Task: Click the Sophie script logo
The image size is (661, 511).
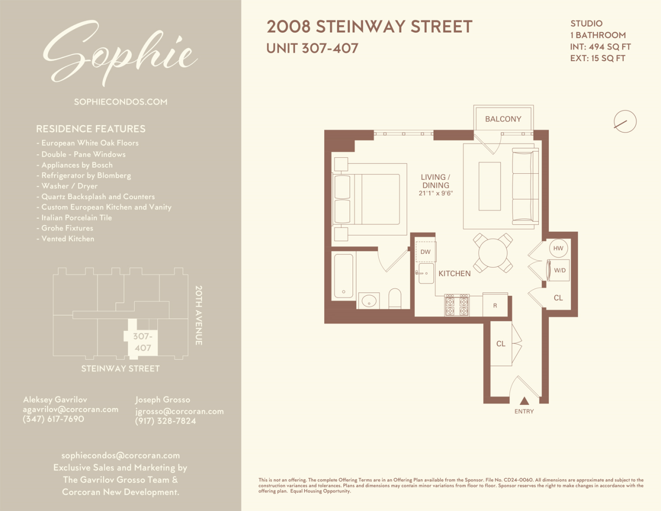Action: pyautogui.click(x=120, y=54)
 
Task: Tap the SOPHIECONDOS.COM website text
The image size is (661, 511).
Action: pyautogui.click(x=121, y=102)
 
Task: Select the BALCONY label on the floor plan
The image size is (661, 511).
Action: pyautogui.click(x=503, y=119)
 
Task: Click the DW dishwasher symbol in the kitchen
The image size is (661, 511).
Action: pyautogui.click(x=426, y=252)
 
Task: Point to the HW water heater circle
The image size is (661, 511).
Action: pyautogui.click(x=558, y=248)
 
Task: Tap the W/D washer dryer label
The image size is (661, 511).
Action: pyautogui.click(x=559, y=270)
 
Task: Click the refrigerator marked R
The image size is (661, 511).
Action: pyautogui.click(x=495, y=305)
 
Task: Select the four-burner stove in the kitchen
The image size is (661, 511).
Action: pyautogui.click(x=457, y=305)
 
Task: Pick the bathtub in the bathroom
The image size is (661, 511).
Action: pyautogui.click(x=344, y=276)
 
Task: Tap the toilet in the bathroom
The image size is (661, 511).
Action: pyautogui.click(x=395, y=299)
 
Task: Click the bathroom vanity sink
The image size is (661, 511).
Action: pyautogui.click(x=369, y=301)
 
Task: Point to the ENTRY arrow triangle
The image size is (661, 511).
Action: pyautogui.click(x=524, y=401)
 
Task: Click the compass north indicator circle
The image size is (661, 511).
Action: pyautogui.click(x=625, y=122)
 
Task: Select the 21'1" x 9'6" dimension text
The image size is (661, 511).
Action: pyautogui.click(x=436, y=194)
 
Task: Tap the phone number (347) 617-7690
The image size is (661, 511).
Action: pyautogui.click(x=54, y=419)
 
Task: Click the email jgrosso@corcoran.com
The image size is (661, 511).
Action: pyautogui.click(x=179, y=411)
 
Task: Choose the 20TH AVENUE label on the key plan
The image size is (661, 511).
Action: pyautogui.click(x=199, y=315)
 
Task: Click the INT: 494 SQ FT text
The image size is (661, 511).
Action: pyautogui.click(x=600, y=47)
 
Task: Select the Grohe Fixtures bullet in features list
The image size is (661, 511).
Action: pyautogui.click(x=67, y=228)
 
